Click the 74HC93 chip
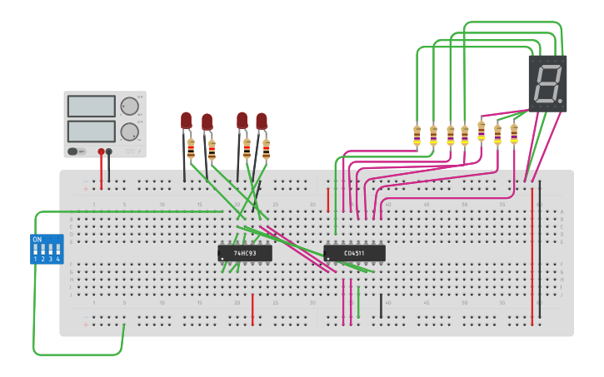(x=245, y=253)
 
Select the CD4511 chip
(x=355, y=253)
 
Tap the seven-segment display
(x=547, y=83)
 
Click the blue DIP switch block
(x=47, y=249)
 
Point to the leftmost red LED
(x=187, y=122)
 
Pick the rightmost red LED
(x=262, y=122)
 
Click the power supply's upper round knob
(x=129, y=107)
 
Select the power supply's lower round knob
(x=129, y=131)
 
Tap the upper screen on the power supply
(x=92, y=107)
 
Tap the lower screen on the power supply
(x=92, y=131)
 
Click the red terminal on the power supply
(x=102, y=152)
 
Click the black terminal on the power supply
(x=109, y=152)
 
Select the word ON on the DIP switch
(x=37, y=240)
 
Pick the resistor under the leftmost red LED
(x=191, y=149)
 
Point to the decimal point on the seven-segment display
(x=561, y=104)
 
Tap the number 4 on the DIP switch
(x=58, y=260)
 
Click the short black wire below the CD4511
(x=382, y=305)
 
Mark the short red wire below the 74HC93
(x=252, y=310)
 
